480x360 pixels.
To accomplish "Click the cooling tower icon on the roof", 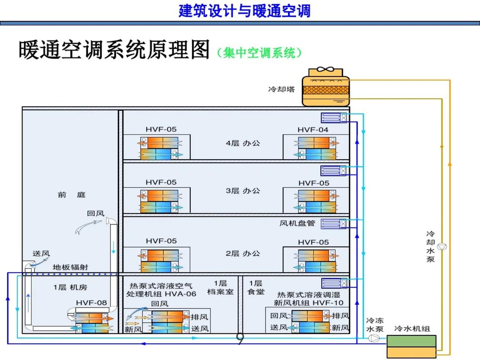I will [325, 87].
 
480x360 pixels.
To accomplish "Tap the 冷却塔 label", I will [282, 89].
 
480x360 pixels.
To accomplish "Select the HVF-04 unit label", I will [313, 130].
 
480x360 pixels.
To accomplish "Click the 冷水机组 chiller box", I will [412, 346].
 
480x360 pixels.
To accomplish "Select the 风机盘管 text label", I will [297, 223].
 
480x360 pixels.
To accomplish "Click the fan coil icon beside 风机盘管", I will [333, 223].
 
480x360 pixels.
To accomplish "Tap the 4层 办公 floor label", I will [243, 143].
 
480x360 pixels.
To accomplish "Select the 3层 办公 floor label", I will [243, 190].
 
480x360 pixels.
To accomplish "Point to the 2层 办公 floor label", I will [243, 253].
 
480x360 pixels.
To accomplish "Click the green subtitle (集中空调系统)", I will [259, 53].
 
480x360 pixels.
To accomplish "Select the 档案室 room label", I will [220, 292].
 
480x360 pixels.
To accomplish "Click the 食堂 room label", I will [256, 292].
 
